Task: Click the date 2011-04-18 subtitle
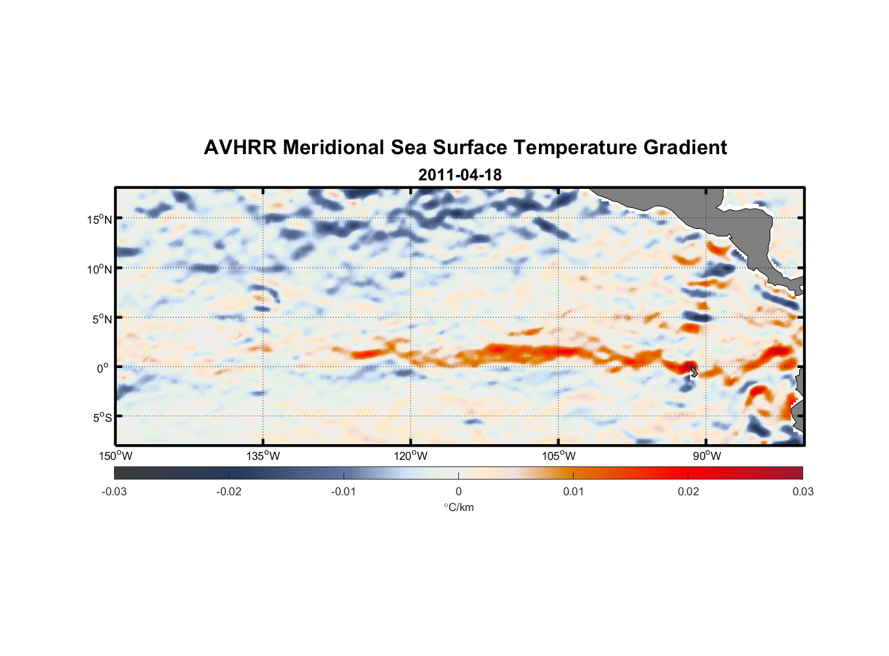pyautogui.click(x=460, y=175)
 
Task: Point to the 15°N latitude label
pyautogui.click(x=99, y=219)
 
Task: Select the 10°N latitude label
pyautogui.click(x=99, y=269)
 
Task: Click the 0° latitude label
pyautogui.click(x=103, y=368)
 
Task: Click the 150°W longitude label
pyautogui.click(x=115, y=456)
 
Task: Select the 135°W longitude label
pyautogui.click(x=263, y=456)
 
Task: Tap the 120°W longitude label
pyautogui.click(x=410, y=456)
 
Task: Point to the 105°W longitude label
pyautogui.click(x=559, y=456)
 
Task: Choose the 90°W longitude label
pyautogui.click(x=707, y=456)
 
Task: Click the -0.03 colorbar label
pyautogui.click(x=114, y=491)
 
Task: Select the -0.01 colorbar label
pyautogui.click(x=343, y=491)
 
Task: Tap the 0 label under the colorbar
pyautogui.click(x=458, y=491)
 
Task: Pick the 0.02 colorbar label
pyautogui.click(x=688, y=491)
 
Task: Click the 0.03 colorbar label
pyautogui.click(x=802, y=491)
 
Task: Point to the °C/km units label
pyautogui.click(x=458, y=507)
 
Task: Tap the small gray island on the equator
pyautogui.click(x=694, y=372)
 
